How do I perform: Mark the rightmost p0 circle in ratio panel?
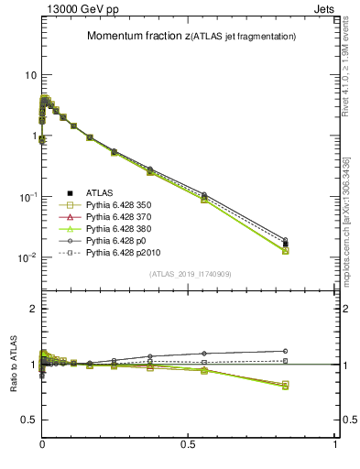tap(286, 351)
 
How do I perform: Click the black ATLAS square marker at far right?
tap(286, 244)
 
